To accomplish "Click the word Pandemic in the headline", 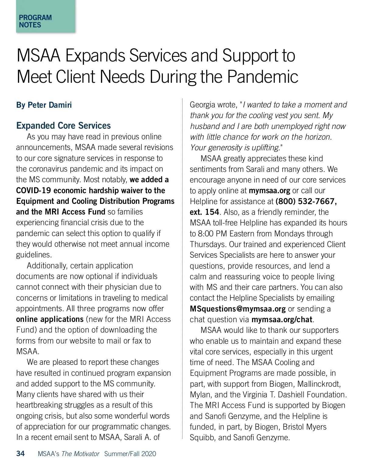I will [263, 77].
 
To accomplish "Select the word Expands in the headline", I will [95, 56].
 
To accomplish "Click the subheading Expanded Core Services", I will [63, 126].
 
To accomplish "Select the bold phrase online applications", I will [50, 319].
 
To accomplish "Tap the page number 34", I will [20, 454].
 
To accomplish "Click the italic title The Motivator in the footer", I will [80, 454].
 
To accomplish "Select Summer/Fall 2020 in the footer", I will [130, 454].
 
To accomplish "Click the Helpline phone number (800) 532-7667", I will [306, 201].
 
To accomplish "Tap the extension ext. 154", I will [204, 212].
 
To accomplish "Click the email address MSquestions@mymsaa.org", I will [238, 309].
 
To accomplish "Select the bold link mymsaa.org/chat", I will [282, 319].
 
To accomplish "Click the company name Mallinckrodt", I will [319, 384].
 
